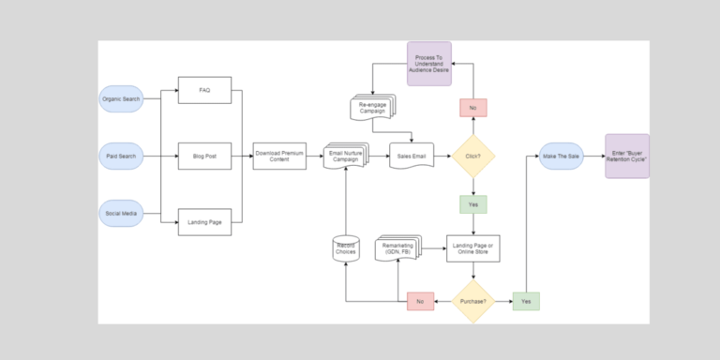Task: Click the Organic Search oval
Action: [121, 98]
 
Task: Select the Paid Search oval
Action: [121, 156]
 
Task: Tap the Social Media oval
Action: [121, 214]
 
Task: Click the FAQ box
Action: [204, 91]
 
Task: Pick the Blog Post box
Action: [204, 156]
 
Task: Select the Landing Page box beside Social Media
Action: [204, 221]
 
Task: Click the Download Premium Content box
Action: [279, 156]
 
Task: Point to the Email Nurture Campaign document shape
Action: [346, 156]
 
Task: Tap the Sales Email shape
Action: [412, 156]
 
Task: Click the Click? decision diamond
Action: [473, 156]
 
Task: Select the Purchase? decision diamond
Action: [473, 301]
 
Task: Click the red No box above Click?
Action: [473, 108]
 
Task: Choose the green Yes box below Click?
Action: [473, 204]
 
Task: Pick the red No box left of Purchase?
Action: [420, 301]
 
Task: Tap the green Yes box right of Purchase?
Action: [526, 301]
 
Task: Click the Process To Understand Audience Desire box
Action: [428, 64]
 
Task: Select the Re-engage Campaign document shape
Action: [371, 107]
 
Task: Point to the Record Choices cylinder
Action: [346, 249]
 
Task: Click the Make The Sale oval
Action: [561, 156]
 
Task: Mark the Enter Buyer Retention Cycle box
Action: [626, 156]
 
